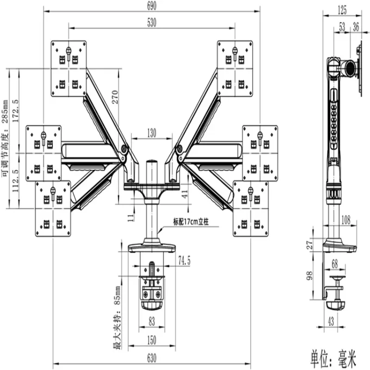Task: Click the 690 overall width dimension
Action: click(x=152, y=6)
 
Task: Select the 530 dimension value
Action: click(x=152, y=22)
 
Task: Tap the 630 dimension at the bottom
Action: click(x=152, y=358)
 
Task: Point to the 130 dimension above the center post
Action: click(x=152, y=133)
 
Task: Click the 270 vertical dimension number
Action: click(x=115, y=97)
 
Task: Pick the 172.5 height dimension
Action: click(x=15, y=111)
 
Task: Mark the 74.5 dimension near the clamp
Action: click(x=184, y=260)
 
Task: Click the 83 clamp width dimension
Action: click(x=152, y=321)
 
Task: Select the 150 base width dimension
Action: click(x=152, y=340)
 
